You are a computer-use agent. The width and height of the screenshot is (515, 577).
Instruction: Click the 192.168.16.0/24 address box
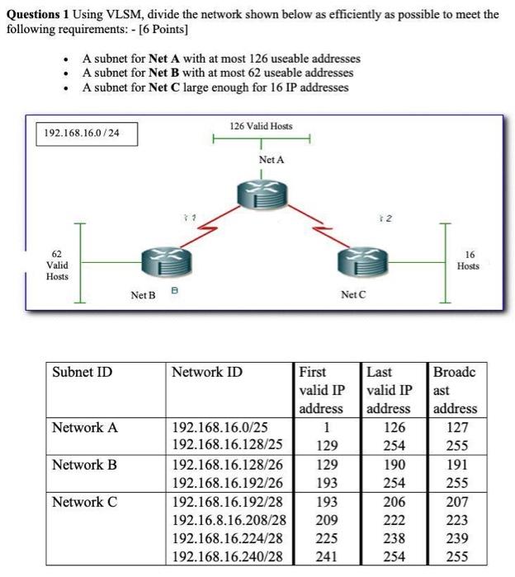point(86,133)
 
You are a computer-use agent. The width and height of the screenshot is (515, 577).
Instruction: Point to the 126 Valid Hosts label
point(261,126)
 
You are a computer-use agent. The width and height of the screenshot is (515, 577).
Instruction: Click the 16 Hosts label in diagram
point(468,260)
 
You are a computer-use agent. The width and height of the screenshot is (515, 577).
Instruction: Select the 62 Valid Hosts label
point(57,265)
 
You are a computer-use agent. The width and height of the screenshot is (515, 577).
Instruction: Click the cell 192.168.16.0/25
point(220,427)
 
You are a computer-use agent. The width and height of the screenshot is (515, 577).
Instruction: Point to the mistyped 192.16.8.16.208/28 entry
point(229,519)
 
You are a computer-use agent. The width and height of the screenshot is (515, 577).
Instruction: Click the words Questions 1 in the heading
point(40,14)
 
